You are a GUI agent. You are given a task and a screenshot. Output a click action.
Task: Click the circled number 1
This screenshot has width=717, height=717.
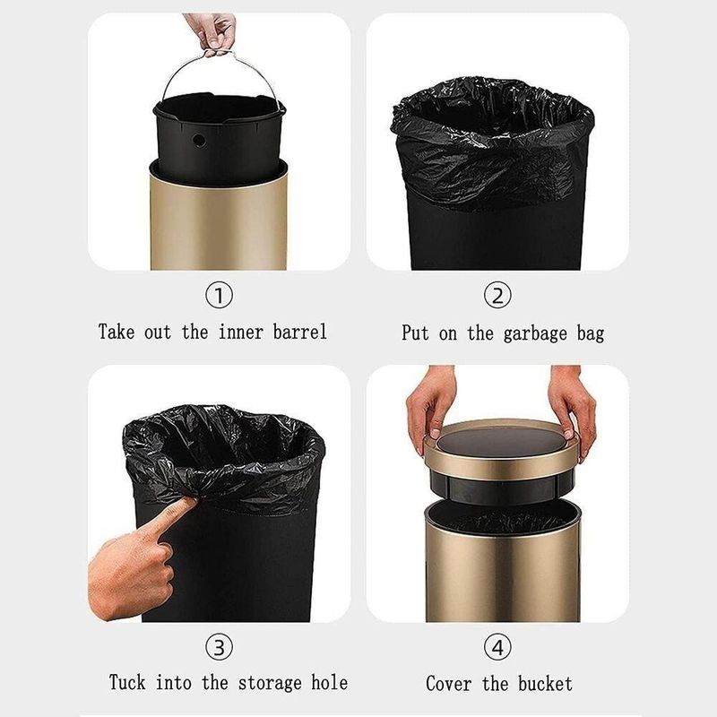click(x=219, y=296)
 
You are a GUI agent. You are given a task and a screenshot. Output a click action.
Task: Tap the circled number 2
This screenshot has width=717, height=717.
click(x=497, y=296)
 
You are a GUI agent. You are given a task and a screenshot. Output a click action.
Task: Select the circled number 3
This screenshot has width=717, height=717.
click(x=219, y=646)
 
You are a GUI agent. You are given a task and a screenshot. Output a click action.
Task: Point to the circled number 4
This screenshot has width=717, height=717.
click(x=497, y=646)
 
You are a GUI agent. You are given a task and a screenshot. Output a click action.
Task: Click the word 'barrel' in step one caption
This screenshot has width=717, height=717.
click(x=300, y=332)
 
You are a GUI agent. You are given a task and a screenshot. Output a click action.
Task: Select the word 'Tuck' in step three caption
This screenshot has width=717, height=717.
click(x=127, y=682)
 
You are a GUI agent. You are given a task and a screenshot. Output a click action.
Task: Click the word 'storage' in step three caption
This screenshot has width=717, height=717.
click(x=270, y=683)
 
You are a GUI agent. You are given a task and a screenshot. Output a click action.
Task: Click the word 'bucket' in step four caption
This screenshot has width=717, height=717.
click(x=545, y=684)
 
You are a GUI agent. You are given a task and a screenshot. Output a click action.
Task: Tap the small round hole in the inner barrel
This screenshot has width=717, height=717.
click(x=199, y=141)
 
